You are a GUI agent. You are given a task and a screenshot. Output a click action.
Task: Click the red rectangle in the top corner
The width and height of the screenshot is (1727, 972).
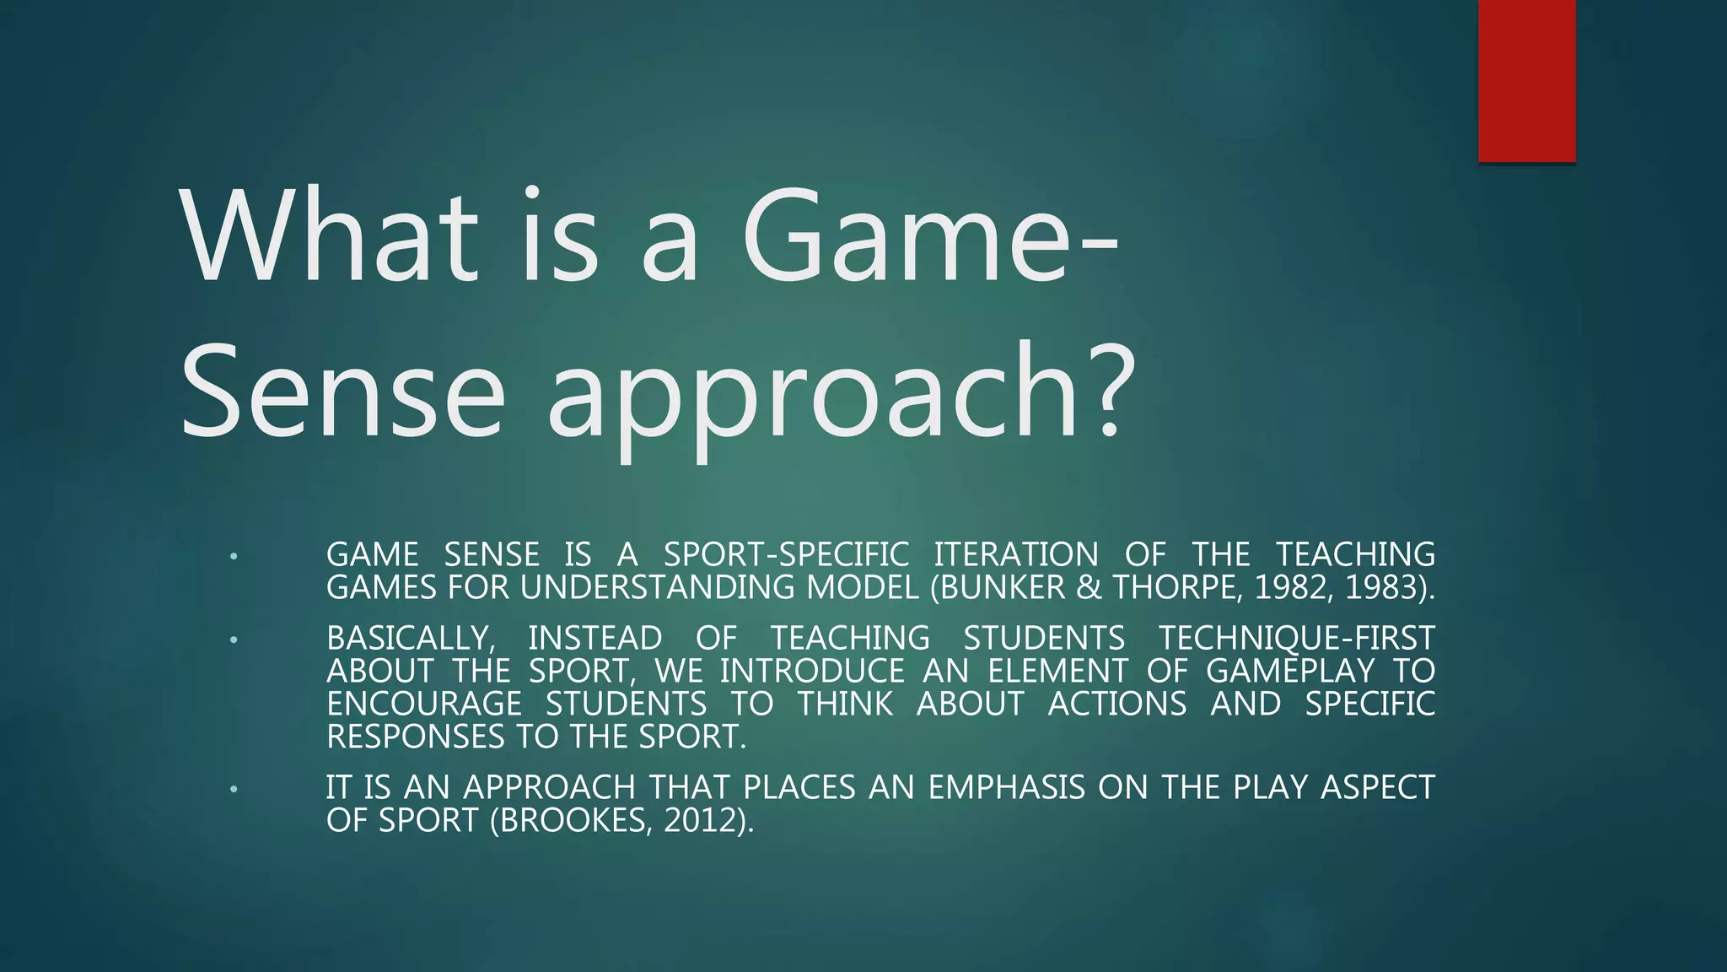click(1526, 80)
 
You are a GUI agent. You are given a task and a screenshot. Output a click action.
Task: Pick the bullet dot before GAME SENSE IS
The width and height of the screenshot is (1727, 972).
click(234, 557)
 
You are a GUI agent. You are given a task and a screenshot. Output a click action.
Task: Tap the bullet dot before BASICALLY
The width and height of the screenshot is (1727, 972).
click(234, 640)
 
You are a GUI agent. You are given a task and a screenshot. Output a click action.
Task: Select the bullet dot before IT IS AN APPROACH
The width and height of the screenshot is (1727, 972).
click(234, 790)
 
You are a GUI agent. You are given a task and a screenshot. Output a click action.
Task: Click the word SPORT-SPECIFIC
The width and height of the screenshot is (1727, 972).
click(786, 555)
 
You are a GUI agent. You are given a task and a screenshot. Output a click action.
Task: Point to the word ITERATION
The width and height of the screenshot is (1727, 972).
click(1016, 555)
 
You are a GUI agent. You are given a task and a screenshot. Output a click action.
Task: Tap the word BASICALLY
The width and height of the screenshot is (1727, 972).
click(410, 638)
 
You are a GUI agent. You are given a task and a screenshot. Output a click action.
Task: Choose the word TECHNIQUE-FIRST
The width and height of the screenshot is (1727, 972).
click(1296, 638)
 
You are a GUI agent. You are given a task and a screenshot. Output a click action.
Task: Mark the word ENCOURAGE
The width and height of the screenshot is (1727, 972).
click(424, 704)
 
